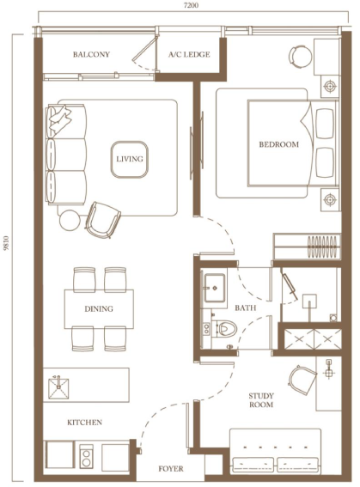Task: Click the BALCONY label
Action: pyautogui.click(x=91, y=55)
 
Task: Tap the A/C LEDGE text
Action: pyautogui.click(x=189, y=55)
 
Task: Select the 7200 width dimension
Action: pyautogui.click(x=192, y=5)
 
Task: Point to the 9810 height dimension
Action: pyautogui.click(x=7, y=242)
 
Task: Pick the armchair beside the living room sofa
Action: pyautogui.click(x=103, y=220)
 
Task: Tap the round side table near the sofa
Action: pyautogui.click(x=70, y=220)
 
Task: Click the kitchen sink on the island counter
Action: pyautogui.click(x=58, y=387)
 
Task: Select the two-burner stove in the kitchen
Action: pyautogui.click(x=87, y=456)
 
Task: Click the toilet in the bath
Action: pyautogui.click(x=225, y=329)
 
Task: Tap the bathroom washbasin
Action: pyautogui.click(x=214, y=288)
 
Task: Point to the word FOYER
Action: pyautogui.click(x=171, y=469)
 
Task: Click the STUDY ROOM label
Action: pyautogui.click(x=261, y=400)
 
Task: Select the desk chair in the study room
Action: pyautogui.click(x=302, y=380)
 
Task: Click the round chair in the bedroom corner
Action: pyautogui.click(x=301, y=56)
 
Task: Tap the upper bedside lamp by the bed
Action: pyautogui.click(x=330, y=86)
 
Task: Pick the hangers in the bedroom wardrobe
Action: pyautogui.click(x=322, y=247)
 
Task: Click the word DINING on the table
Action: pyautogui.click(x=99, y=309)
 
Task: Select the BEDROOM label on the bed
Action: pyautogui.click(x=279, y=144)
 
